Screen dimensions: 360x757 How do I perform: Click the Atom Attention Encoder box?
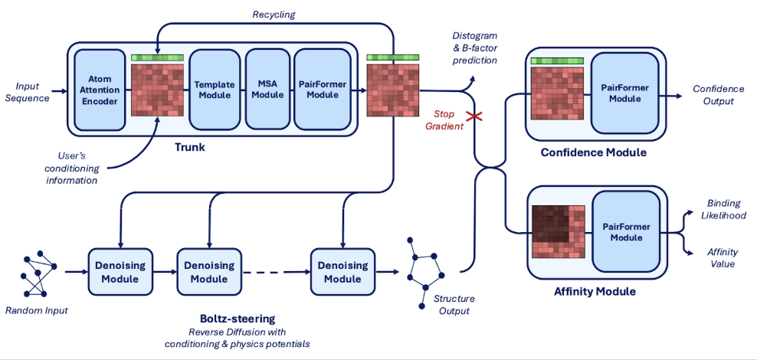click(x=100, y=90)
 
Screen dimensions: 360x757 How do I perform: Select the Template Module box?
click(x=214, y=90)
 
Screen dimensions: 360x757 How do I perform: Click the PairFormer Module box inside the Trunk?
click(x=321, y=90)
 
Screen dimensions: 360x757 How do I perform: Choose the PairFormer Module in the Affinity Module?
click(x=625, y=233)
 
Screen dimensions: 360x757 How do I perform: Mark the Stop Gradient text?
click(x=444, y=120)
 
